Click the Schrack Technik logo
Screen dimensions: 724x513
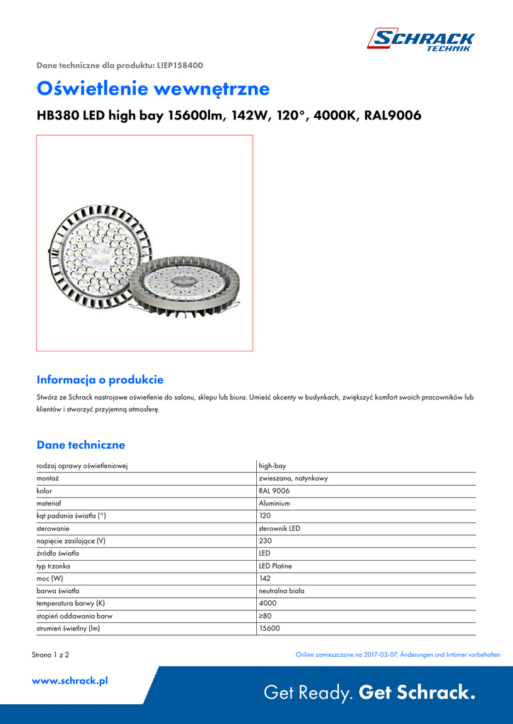pyautogui.click(x=420, y=40)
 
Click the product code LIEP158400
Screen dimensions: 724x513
pyautogui.click(x=180, y=65)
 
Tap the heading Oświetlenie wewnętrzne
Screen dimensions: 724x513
pyautogui.click(x=153, y=89)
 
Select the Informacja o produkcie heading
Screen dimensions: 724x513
pyautogui.click(x=100, y=380)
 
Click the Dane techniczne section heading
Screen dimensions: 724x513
pyautogui.click(x=81, y=445)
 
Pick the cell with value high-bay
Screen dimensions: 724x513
pyautogui.click(x=272, y=466)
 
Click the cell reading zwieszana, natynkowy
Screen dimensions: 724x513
pyautogui.click(x=293, y=479)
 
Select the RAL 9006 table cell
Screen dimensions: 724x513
pyautogui.click(x=274, y=491)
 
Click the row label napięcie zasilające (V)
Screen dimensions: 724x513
pyautogui.click(x=71, y=541)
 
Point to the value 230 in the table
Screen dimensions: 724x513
pyautogui.click(x=265, y=541)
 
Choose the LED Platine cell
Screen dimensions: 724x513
pyautogui.click(x=275, y=566)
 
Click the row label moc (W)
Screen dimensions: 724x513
pyautogui.click(x=50, y=578)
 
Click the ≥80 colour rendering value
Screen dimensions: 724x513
pyautogui.click(x=265, y=616)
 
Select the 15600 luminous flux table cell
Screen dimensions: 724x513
pyautogui.click(x=269, y=628)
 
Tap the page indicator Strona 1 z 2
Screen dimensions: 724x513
pyautogui.click(x=50, y=655)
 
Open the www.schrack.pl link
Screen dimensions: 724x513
pyautogui.click(x=70, y=681)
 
